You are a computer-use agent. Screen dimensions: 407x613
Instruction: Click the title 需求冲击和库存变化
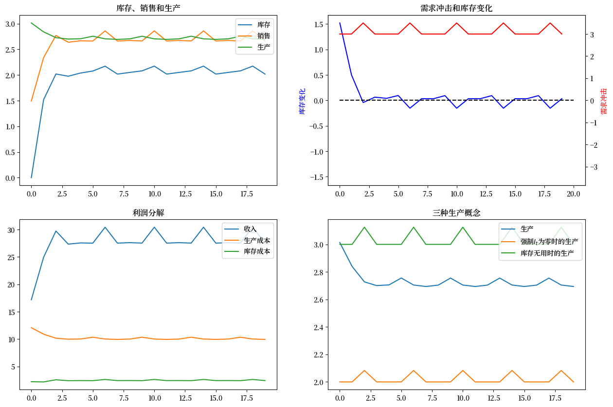[456, 8]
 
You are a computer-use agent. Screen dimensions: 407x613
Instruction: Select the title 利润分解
[148, 213]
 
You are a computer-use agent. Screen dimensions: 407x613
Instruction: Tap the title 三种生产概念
[456, 213]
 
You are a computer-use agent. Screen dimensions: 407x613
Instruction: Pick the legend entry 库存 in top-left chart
[263, 25]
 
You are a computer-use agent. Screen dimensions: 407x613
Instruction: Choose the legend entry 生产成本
[257, 241]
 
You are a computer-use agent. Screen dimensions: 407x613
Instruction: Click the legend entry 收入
[250, 229]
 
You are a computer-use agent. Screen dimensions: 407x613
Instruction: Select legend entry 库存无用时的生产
[547, 253]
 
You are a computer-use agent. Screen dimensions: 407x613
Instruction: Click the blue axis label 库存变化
[302, 101]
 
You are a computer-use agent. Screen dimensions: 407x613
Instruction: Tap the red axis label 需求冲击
[604, 101]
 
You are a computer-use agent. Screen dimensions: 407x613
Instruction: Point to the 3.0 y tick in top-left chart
[10, 24]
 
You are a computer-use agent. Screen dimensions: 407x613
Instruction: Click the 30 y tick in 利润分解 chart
[12, 230]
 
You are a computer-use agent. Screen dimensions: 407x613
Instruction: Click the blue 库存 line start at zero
[32, 177]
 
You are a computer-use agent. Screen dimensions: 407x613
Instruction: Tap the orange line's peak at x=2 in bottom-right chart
[364, 371]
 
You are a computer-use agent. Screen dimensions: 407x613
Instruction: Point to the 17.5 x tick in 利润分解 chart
[240, 398]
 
